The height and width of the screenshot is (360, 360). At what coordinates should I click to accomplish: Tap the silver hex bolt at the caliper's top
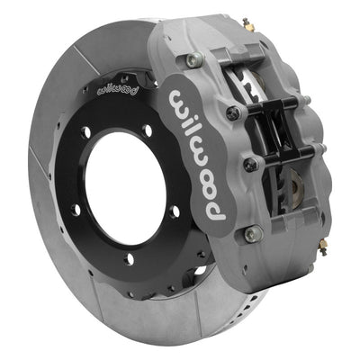(x=192, y=60)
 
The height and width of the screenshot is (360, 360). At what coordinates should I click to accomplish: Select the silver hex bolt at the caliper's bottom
(x=250, y=234)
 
